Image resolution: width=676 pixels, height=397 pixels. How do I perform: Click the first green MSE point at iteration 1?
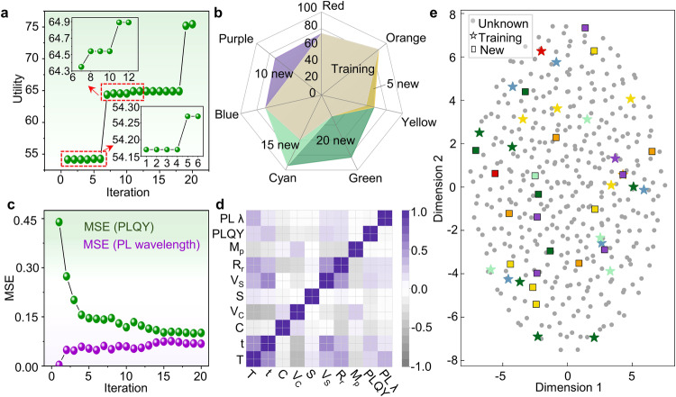tap(60, 221)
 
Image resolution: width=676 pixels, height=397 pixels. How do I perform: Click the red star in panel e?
tap(541, 51)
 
